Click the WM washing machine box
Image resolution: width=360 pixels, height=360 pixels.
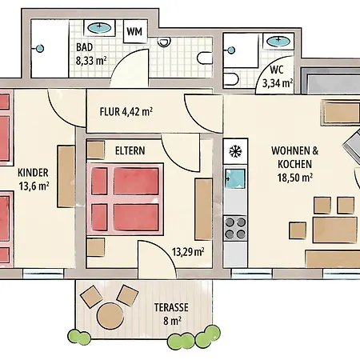[x=135, y=31]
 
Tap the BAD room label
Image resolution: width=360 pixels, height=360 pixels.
[x=85, y=47]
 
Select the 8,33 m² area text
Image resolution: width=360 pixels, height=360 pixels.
[x=91, y=61]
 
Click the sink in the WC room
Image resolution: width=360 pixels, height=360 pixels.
[x=278, y=41]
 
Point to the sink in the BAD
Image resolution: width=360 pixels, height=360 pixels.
[x=99, y=27]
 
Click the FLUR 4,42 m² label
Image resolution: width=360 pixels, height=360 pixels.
[x=126, y=111]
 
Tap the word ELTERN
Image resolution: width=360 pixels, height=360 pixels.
[x=130, y=150]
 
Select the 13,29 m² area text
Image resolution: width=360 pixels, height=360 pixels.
[x=188, y=252]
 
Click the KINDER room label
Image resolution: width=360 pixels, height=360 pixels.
[x=33, y=173]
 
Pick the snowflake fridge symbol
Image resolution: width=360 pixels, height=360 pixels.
[x=235, y=152]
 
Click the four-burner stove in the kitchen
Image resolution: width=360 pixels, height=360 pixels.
[x=235, y=228]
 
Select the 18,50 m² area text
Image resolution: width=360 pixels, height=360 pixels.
[x=295, y=178]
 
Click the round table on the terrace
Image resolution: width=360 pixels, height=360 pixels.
[x=110, y=316]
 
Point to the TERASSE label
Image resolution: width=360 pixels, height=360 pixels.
[x=171, y=307]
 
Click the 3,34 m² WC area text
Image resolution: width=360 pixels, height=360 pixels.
[x=278, y=83]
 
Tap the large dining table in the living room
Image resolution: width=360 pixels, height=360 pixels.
[x=335, y=230]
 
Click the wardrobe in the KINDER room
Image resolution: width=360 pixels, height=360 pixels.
[x=66, y=176]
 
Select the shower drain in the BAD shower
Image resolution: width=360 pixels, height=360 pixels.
[x=40, y=49]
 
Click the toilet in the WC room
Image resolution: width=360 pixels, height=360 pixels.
[x=231, y=79]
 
